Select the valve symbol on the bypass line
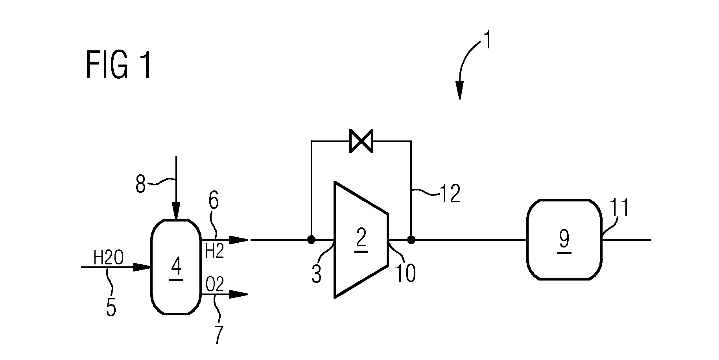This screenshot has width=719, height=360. pyautogui.click(x=361, y=141)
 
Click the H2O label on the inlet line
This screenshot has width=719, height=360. pyautogui.click(x=109, y=258)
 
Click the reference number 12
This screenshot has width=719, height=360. pyautogui.click(x=449, y=194)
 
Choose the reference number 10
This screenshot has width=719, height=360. pyautogui.click(x=405, y=273)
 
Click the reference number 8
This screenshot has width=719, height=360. pyautogui.click(x=140, y=184)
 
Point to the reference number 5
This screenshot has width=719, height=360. pyautogui.click(x=111, y=307)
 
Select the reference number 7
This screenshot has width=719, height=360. pyautogui.click(x=218, y=334)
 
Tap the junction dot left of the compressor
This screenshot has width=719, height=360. pyautogui.click(x=311, y=239)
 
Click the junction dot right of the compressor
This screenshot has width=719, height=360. pyautogui.click(x=411, y=239)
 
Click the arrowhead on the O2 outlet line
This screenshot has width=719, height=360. pyautogui.click(x=239, y=294)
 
